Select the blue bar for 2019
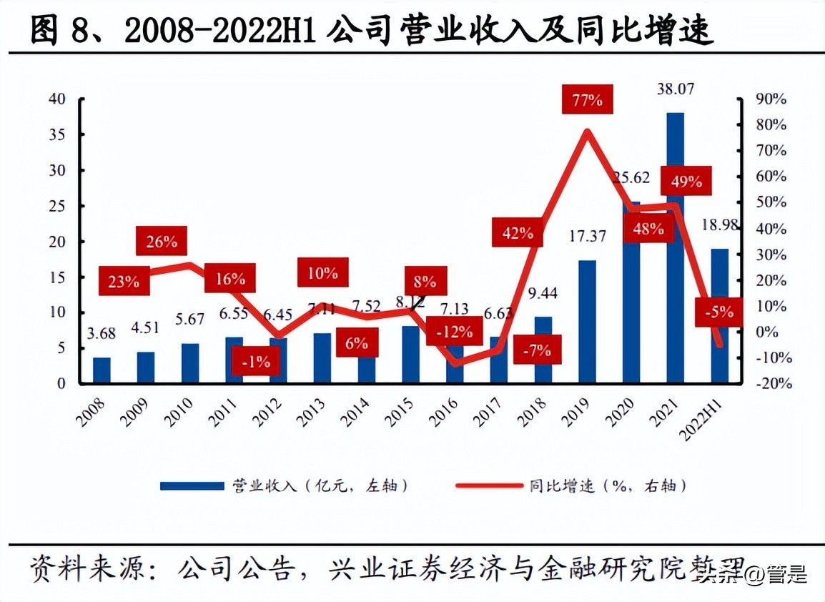(x=587, y=322)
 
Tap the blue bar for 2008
(x=102, y=370)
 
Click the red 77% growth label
(x=587, y=100)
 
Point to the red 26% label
(x=162, y=242)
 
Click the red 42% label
(x=518, y=233)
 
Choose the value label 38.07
(x=676, y=89)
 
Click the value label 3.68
(x=102, y=334)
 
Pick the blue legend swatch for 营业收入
(x=192, y=486)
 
